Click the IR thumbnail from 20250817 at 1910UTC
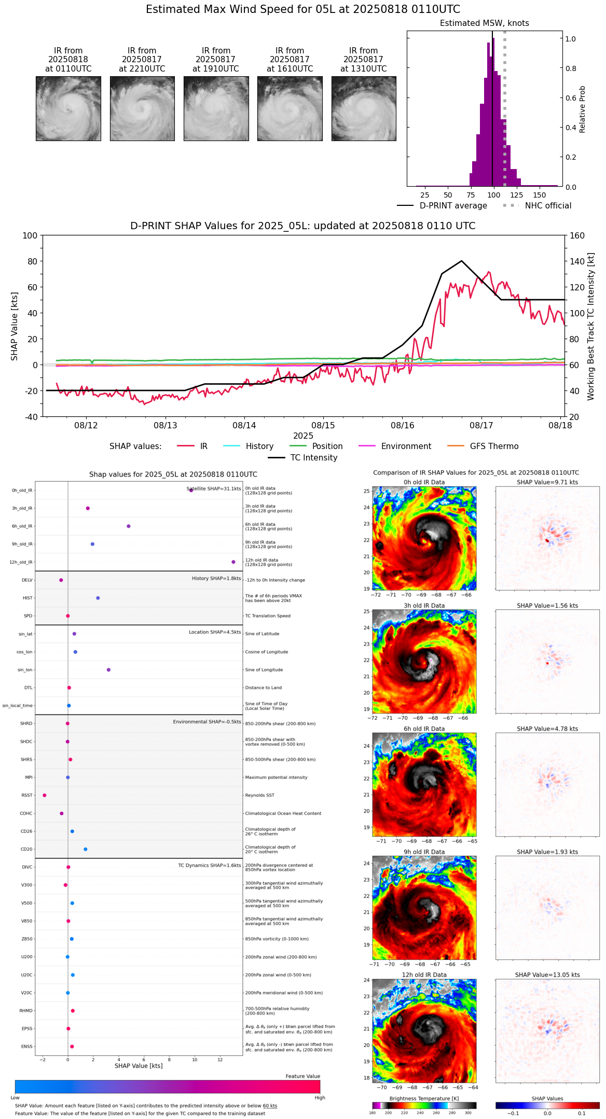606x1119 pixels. (216, 108)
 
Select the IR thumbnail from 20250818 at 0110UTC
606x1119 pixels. (68, 108)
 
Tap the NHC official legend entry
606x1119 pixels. (548, 206)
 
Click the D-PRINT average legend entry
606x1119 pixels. (453, 206)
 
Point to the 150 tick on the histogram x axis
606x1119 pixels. (540, 195)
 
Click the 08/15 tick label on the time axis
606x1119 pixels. (323, 426)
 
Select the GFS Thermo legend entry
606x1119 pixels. (494, 446)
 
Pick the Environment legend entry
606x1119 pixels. (406, 446)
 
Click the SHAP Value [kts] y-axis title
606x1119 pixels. (15, 326)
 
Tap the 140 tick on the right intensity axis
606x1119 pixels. (577, 261)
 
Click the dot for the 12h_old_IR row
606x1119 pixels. (233, 562)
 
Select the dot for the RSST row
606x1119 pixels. (45, 795)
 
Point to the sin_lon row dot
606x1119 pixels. (108, 670)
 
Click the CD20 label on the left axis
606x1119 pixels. (26, 849)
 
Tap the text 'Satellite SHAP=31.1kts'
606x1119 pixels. (214, 489)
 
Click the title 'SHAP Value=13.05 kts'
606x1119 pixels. (547, 975)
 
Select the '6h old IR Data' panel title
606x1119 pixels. (424, 729)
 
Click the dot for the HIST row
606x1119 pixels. (98, 598)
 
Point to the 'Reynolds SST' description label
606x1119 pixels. (259, 795)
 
